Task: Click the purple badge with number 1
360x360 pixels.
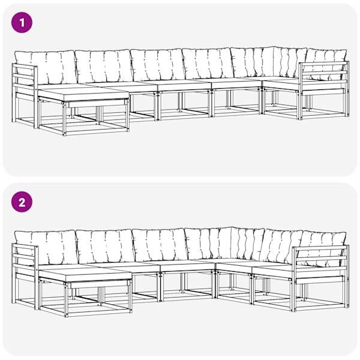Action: (22, 23)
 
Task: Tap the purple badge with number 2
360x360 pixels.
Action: (22, 202)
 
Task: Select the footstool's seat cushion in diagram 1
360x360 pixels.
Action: (83, 95)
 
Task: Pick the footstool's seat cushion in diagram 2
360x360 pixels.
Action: (85, 275)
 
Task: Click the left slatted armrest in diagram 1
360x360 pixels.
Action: (25, 96)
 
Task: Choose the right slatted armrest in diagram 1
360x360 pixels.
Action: (324, 90)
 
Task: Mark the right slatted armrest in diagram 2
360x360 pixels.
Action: (321, 278)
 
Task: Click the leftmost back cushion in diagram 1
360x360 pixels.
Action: (46, 67)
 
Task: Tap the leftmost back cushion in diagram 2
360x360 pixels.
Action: (46, 247)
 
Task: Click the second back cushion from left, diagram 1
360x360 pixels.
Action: (104, 67)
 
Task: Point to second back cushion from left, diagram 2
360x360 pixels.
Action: (106, 246)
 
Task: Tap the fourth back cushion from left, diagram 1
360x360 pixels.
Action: (208, 64)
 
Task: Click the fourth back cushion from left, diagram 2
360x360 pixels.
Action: (209, 244)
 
